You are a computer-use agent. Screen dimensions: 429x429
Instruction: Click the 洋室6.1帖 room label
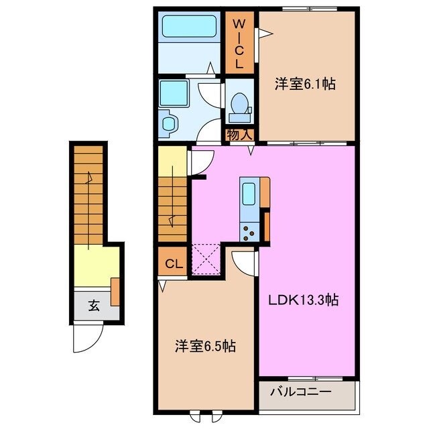pyautogui.click(x=305, y=84)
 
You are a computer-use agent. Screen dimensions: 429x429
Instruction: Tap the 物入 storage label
pyautogui.click(x=239, y=135)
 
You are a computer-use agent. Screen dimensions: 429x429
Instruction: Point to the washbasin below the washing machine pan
pyautogui.click(x=170, y=123)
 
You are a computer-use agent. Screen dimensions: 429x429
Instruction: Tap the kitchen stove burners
pyautogui.click(x=248, y=231)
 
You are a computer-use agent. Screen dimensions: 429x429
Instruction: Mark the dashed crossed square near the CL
pyautogui.click(x=207, y=261)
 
